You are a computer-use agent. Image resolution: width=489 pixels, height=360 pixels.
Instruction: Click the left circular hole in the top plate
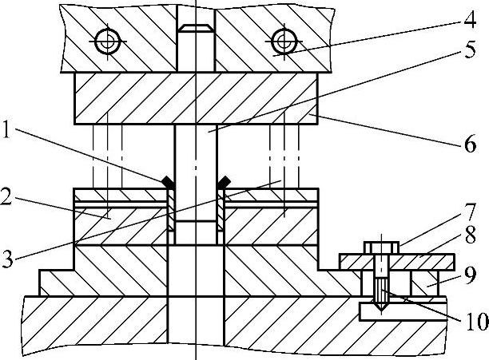(107, 42)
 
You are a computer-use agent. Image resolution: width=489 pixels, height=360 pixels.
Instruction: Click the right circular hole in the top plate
(283, 42)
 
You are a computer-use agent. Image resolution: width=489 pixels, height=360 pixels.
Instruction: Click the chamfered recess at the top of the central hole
(195, 29)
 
